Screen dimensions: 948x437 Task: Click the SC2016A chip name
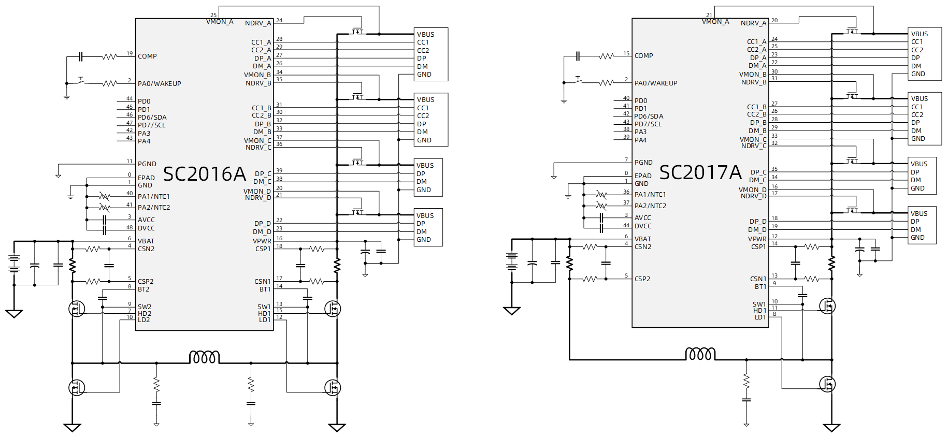[x=204, y=174]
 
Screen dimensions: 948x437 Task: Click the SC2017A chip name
[x=700, y=172]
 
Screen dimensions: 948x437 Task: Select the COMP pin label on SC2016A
[x=147, y=56]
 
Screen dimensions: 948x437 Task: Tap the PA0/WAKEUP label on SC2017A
[x=656, y=83]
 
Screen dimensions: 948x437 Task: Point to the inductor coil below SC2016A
[x=205, y=357]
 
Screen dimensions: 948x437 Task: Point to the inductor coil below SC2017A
[x=700, y=354]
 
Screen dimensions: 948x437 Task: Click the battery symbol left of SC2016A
[x=14, y=263]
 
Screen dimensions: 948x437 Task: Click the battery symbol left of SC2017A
[x=512, y=261]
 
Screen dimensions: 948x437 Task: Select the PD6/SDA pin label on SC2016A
[x=152, y=117]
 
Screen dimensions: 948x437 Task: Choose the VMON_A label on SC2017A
[x=715, y=22]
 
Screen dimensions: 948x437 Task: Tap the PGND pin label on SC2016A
[x=147, y=164]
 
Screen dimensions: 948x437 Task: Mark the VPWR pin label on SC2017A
[x=757, y=239]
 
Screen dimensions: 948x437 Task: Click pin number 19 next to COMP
[x=130, y=53]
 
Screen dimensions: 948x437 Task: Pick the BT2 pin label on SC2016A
[x=143, y=289]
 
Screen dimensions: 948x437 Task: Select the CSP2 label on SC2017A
[x=642, y=279]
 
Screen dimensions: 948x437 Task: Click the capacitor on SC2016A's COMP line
[x=80, y=56]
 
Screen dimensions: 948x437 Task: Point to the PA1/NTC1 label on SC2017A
[x=650, y=194]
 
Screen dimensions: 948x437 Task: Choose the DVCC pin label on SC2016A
[x=146, y=228]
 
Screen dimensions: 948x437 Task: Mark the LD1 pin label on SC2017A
[x=760, y=317]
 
